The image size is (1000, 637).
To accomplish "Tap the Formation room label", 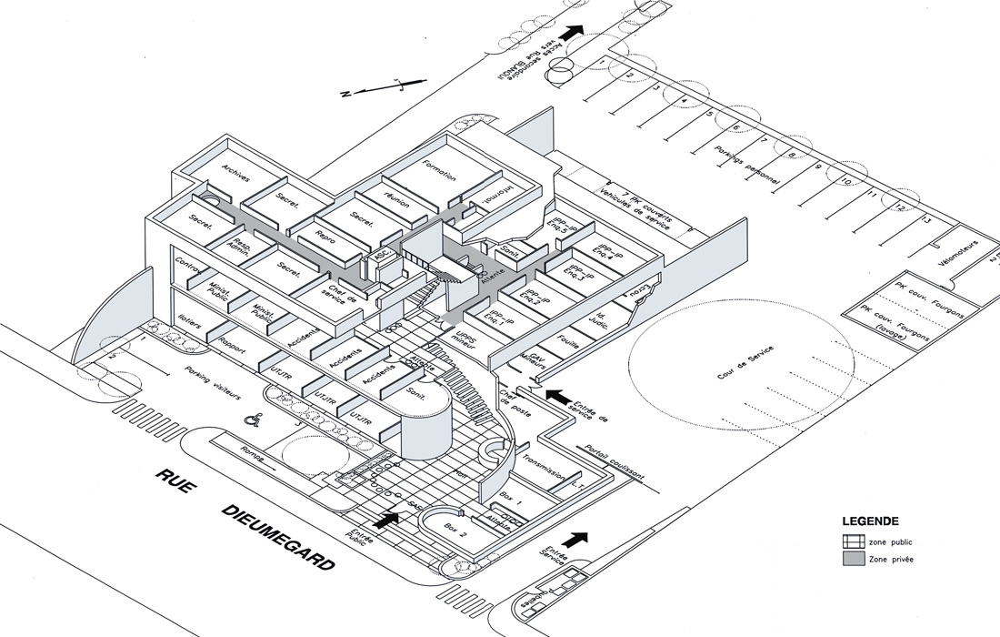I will click(440, 174).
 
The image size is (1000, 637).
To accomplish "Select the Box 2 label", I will click(455, 527).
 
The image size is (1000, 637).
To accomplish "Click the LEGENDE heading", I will click(870, 522).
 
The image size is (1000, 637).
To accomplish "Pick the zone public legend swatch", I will click(852, 541).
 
